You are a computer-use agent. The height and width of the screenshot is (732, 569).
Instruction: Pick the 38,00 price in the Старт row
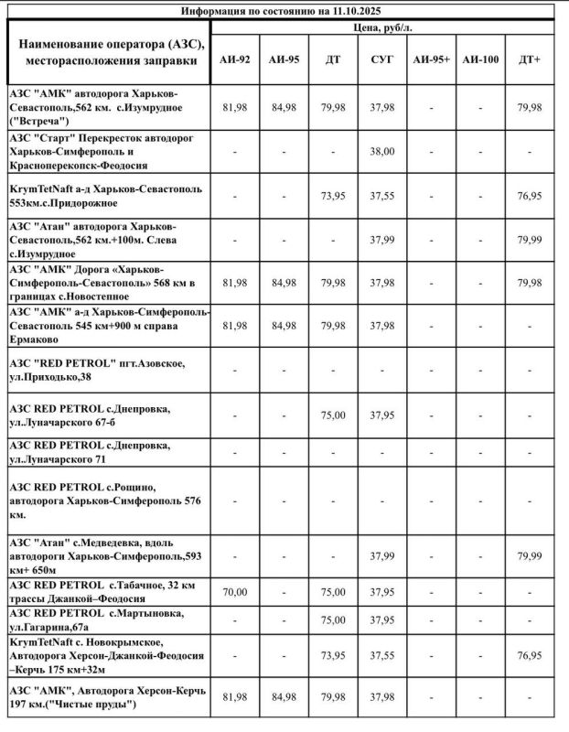point(382,151)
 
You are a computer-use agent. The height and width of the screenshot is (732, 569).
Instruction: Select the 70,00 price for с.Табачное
point(235,592)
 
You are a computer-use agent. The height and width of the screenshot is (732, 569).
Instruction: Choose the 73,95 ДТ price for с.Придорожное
point(334,196)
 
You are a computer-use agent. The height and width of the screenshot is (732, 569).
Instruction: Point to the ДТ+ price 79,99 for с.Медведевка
point(529,555)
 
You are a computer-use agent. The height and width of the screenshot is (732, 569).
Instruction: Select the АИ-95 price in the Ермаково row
point(284,326)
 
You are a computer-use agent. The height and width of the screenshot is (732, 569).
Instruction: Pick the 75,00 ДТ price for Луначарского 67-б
point(334,414)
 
